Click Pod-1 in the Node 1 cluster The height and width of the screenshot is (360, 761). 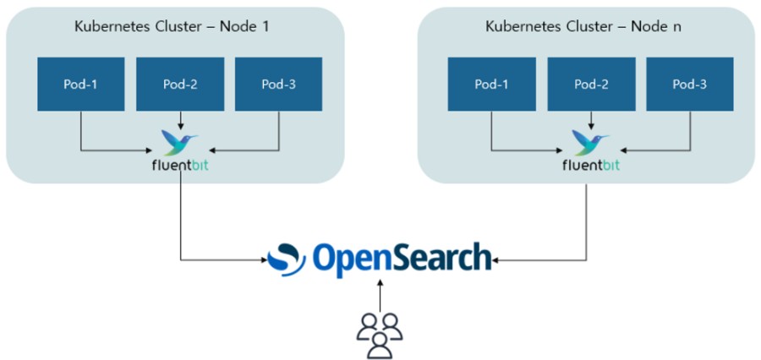80,84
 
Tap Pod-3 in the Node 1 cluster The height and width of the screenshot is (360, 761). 278,84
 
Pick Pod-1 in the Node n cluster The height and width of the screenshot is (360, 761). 492,84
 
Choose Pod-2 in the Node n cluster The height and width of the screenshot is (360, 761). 591,84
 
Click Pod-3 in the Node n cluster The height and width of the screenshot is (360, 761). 690,84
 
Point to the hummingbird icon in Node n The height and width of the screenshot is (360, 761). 591,141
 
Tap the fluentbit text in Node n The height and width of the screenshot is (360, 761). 590,165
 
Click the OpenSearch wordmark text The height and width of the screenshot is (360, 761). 402,259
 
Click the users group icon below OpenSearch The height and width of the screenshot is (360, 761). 380,333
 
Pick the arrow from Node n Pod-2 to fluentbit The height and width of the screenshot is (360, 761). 591,120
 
